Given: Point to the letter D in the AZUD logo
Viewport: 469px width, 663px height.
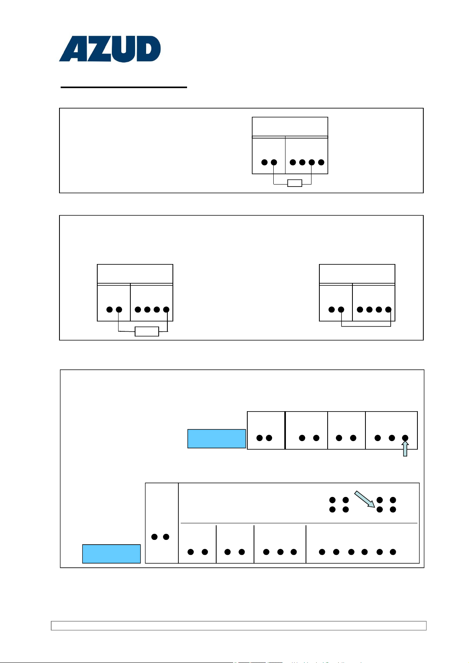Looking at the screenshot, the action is coord(148,49).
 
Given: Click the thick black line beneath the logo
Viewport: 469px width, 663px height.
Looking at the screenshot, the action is coord(124,87).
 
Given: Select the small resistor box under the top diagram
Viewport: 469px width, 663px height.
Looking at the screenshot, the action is coord(295,183).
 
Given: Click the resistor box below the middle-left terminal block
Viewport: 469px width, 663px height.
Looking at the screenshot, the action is coord(146,331).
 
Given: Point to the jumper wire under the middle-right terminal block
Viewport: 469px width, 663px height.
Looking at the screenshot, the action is coord(366,326).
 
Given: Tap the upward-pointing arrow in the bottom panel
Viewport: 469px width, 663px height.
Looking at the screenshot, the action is coord(405,449).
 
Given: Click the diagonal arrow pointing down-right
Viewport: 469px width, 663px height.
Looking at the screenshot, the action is coord(364,499).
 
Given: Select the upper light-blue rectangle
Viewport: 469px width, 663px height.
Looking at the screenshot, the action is coord(217,439).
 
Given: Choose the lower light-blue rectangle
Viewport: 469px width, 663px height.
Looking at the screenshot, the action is coord(111,554).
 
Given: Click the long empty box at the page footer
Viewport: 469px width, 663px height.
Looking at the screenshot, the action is coord(239,626).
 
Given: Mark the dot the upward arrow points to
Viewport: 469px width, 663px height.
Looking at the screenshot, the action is coord(405,438).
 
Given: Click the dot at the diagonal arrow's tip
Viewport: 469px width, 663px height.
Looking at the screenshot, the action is coord(380,510).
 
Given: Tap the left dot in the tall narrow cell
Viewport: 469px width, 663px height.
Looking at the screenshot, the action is coord(154,537).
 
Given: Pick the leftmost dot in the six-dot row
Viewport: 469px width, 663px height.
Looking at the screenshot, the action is coord(322,552).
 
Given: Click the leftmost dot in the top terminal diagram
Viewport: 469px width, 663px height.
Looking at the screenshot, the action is coord(265,162).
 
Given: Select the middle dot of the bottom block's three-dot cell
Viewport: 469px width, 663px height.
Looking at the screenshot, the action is coord(280,552).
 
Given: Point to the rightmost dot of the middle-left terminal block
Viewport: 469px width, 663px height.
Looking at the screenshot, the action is coord(166,310).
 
